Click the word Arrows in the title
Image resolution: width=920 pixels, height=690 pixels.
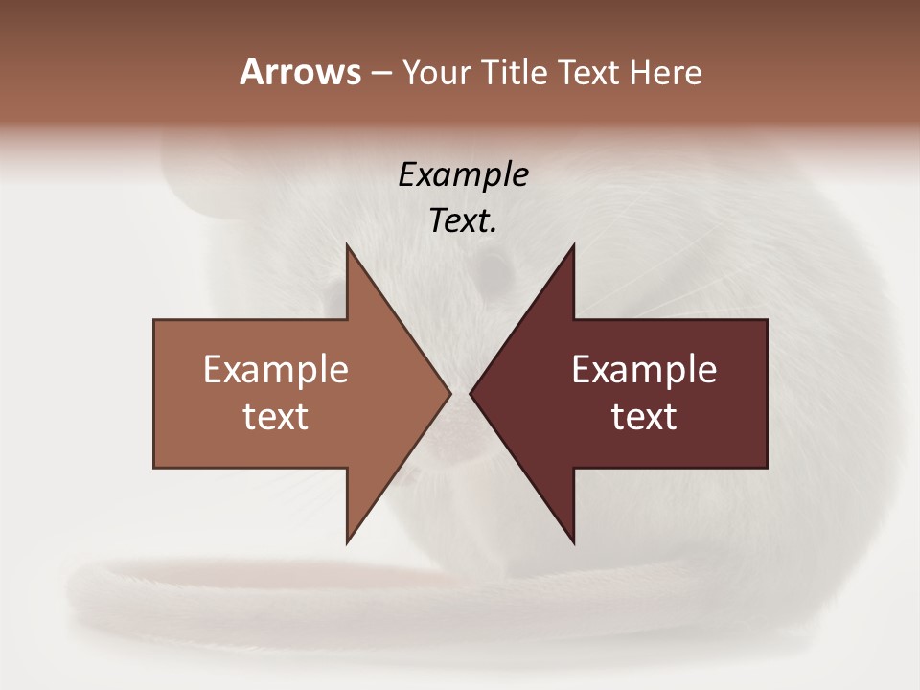click(300, 72)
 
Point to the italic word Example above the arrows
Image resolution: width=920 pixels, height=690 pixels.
click(463, 175)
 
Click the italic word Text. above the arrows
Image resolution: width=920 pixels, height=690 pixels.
click(463, 221)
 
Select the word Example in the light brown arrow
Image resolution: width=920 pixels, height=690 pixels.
click(276, 370)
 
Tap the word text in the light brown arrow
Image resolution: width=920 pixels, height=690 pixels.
click(276, 417)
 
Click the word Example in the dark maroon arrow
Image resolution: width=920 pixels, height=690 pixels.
click(644, 370)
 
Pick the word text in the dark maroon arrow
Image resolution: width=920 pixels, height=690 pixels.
click(644, 417)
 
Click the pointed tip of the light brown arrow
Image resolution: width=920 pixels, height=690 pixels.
click(450, 393)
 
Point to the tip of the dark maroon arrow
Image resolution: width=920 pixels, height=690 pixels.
click(471, 393)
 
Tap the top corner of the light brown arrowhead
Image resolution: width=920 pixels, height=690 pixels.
click(347, 245)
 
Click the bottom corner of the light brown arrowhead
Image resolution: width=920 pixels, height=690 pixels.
click(347, 542)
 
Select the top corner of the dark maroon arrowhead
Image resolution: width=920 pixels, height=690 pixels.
click(574, 245)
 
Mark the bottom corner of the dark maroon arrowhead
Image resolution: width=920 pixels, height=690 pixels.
click(574, 542)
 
